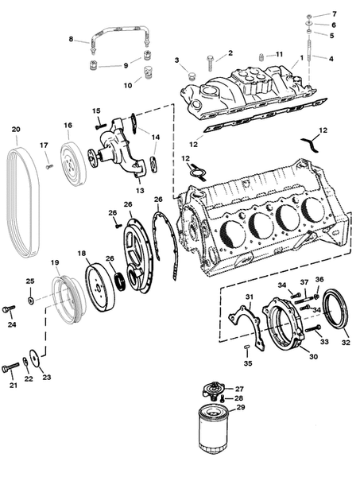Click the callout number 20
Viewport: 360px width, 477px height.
(x=15, y=130)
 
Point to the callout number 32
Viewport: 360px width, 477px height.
(x=344, y=343)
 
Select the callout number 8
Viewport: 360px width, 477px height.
(x=71, y=39)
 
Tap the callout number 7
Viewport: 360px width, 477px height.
(x=334, y=14)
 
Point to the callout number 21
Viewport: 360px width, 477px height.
(x=12, y=386)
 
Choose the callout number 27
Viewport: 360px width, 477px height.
(x=239, y=388)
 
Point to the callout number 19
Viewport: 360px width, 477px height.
(x=55, y=262)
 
